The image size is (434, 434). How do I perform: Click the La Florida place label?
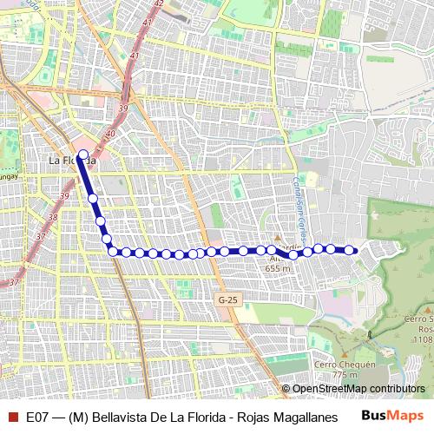[x=72, y=161]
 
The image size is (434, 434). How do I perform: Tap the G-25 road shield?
[x=227, y=299]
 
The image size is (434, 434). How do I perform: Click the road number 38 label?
[x=54, y=218]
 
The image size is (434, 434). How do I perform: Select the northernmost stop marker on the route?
[x=83, y=155]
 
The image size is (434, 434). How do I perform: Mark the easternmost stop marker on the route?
[x=349, y=250]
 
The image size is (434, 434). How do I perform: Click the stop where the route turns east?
[x=113, y=251]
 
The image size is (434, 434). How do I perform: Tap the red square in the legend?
[x=12, y=417]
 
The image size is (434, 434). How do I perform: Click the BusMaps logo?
[x=391, y=416]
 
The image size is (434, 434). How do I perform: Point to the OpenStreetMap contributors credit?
[x=358, y=389]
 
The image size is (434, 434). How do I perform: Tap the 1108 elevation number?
[x=422, y=339]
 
